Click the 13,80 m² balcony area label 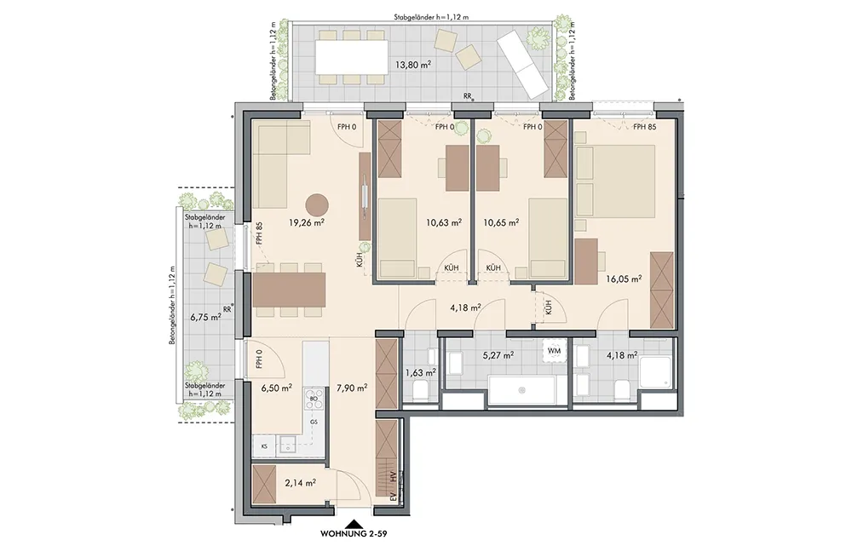(x=413, y=64)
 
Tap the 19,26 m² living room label (x=307, y=221)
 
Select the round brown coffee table (x=317, y=205)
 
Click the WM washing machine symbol (x=554, y=350)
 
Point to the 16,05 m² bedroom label (x=624, y=279)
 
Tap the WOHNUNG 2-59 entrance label (x=354, y=534)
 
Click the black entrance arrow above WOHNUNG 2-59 (x=354, y=524)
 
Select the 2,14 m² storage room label (x=301, y=482)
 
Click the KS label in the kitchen (x=264, y=445)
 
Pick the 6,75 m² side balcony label (x=204, y=316)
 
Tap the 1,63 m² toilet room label (x=421, y=373)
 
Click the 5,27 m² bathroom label (x=498, y=355)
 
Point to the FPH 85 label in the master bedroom (x=644, y=127)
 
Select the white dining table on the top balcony (x=352, y=56)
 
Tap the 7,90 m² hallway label (x=352, y=388)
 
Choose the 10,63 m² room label (x=444, y=221)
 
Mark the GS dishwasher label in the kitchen (x=314, y=422)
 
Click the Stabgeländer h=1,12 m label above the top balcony (x=431, y=17)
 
